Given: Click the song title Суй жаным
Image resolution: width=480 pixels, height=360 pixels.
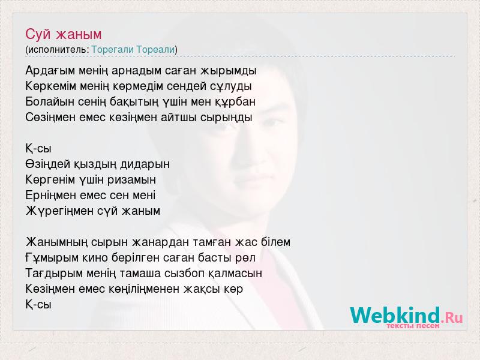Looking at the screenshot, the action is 64,34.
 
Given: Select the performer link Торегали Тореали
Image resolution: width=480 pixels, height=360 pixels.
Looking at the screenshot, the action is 133,49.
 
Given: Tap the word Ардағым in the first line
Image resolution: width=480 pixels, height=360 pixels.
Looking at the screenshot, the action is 50,71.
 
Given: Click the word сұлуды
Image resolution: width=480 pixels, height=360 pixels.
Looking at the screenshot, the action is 231,86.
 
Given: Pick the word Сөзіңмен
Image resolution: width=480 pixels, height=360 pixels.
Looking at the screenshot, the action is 50,118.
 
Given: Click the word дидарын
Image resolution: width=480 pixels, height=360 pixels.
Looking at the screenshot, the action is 145,164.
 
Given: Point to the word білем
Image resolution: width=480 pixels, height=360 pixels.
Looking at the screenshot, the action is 275,242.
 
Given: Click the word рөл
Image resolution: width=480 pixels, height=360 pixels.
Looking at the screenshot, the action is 245,258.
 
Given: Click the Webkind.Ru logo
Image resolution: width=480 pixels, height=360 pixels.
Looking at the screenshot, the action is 406,316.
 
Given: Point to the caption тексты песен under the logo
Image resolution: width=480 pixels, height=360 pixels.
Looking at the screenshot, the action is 413,326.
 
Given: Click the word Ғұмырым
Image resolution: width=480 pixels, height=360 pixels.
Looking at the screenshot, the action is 52,258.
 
